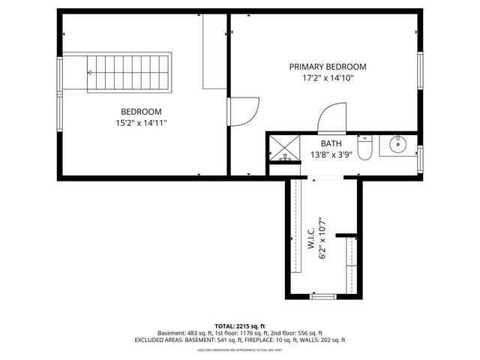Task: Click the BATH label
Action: [331, 144]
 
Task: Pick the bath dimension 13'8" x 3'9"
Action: [331, 155]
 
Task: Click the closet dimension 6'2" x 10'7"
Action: [323, 238]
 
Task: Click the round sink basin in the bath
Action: [397, 145]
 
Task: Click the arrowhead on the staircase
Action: [89, 73]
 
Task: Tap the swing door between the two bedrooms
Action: [244, 112]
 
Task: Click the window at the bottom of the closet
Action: [323, 297]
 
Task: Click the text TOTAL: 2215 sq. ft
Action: [240, 326]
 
